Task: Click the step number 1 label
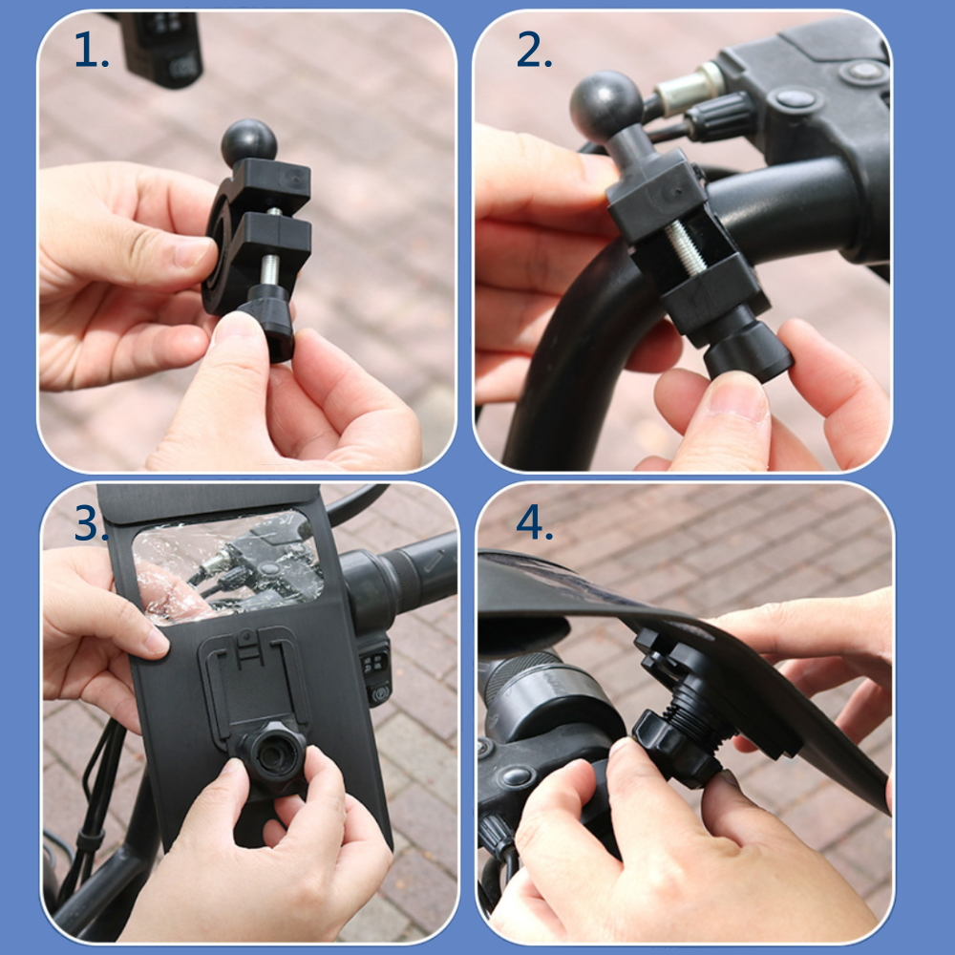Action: pos(91,51)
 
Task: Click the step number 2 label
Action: pos(534,51)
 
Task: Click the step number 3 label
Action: pos(91,522)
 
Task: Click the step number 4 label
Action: pos(534,522)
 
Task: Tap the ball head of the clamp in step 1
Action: pos(249,142)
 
